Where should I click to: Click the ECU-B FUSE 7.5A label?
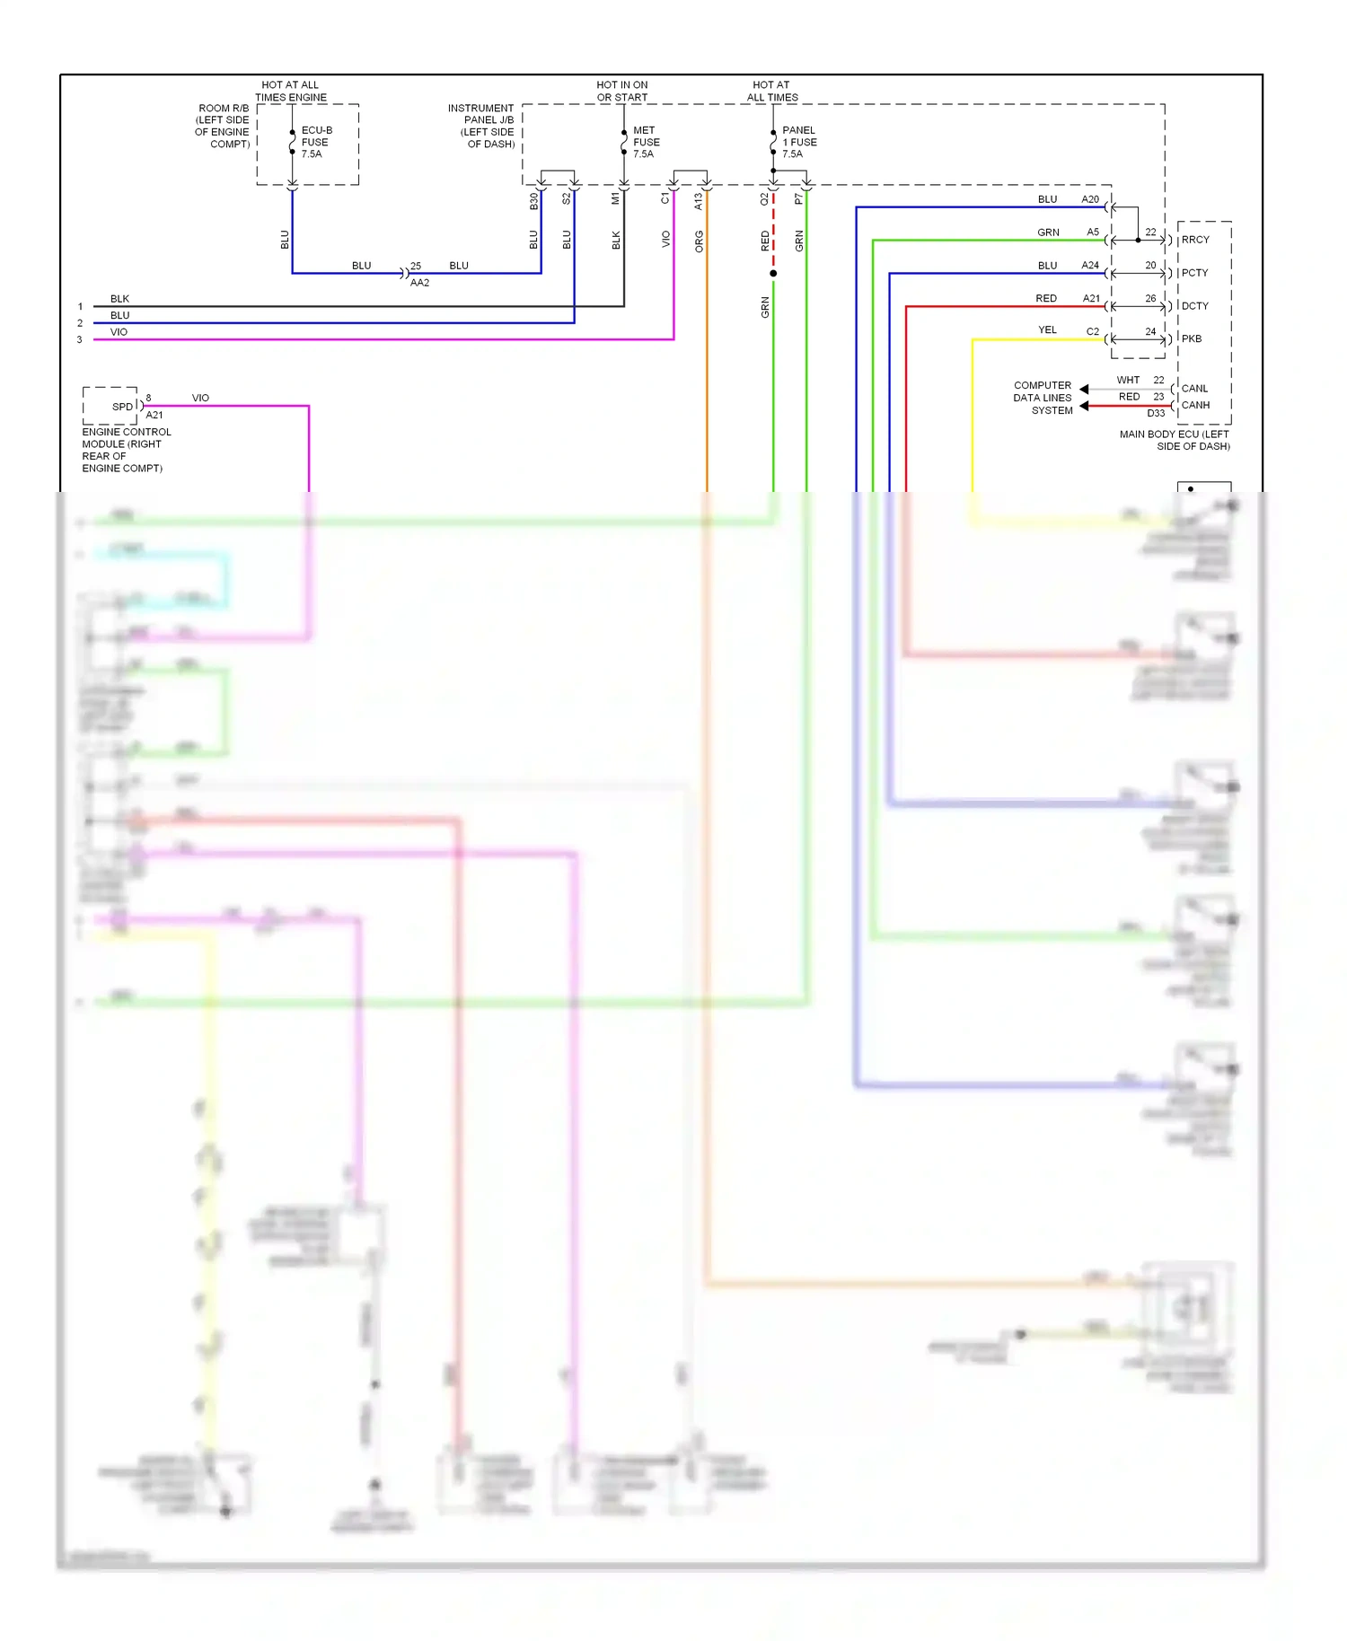tap(315, 142)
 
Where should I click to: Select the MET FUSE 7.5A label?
tap(646, 142)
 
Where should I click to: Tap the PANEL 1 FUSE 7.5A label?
tap(798, 142)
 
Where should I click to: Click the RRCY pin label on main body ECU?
tap(1195, 240)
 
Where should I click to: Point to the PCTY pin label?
tap(1194, 273)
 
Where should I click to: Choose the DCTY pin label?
tap(1194, 306)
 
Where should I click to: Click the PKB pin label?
tap(1191, 339)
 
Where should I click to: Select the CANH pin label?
tap(1195, 405)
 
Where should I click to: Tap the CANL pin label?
tap(1194, 389)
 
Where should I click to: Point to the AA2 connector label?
tap(419, 283)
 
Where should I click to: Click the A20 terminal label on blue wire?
tap(1090, 199)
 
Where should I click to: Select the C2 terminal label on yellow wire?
tap(1093, 331)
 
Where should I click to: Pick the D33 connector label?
tap(1156, 414)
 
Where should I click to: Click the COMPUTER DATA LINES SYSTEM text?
tap(1043, 398)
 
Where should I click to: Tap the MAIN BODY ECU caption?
tap(1175, 440)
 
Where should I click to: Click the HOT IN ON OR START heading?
tap(621, 91)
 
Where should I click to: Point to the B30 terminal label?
tap(533, 201)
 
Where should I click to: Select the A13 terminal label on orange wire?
tap(699, 201)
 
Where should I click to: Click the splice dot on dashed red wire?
tap(773, 273)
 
